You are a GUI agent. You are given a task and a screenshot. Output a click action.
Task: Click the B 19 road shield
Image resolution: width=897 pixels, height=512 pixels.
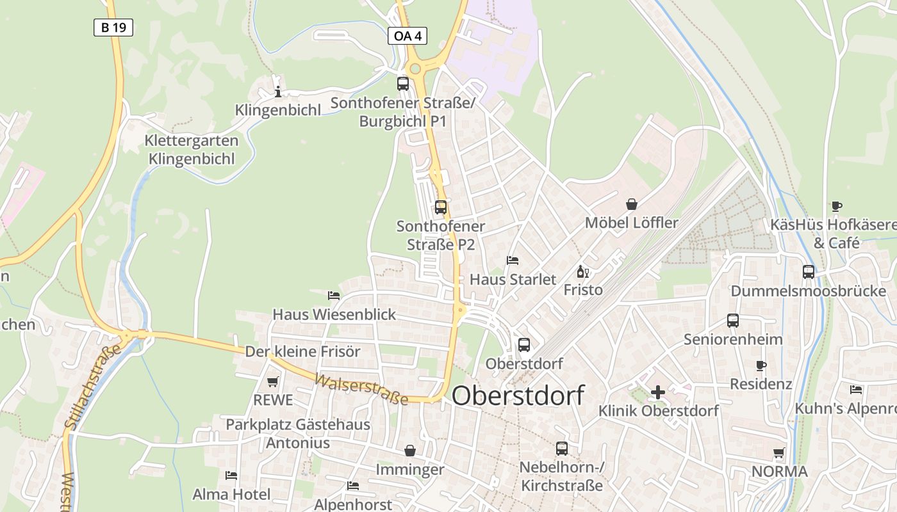[x=113, y=28]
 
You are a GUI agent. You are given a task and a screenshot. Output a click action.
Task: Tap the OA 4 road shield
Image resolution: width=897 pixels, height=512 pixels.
[x=407, y=36]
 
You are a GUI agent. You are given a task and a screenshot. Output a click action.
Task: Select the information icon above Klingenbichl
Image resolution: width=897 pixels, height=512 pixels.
[x=277, y=92]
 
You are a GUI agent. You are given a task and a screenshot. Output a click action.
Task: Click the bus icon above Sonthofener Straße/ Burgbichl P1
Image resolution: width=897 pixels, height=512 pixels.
[x=403, y=84]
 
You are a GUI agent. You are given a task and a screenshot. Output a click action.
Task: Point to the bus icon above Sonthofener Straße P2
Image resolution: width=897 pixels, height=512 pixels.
[x=441, y=207]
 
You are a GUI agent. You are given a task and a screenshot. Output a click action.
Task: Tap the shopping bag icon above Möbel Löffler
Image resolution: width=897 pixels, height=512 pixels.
[x=632, y=204]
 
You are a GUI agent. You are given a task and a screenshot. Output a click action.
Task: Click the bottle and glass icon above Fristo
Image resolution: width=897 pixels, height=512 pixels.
[x=582, y=272]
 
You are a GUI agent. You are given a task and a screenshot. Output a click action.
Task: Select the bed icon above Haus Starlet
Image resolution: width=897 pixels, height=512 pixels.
[x=513, y=260]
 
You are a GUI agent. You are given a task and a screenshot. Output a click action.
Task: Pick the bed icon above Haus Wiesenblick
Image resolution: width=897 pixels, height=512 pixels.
[x=334, y=296]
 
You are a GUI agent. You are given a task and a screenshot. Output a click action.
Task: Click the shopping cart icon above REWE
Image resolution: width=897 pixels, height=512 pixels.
[x=273, y=382]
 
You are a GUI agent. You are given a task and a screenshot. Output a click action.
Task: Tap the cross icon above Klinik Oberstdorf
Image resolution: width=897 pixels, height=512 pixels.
[x=658, y=392]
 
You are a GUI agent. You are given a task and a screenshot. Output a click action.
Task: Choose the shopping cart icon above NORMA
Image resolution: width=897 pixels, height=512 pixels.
[x=779, y=453]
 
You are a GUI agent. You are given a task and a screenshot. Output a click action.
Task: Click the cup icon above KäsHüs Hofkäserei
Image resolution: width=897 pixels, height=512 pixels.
[x=836, y=206]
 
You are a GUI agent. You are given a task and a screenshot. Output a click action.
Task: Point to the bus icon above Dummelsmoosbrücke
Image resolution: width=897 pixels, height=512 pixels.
[x=809, y=272]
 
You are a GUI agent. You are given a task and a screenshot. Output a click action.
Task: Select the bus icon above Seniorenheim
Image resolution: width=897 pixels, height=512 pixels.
[x=733, y=321]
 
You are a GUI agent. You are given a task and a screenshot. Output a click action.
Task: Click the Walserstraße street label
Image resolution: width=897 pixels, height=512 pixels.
[x=361, y=389]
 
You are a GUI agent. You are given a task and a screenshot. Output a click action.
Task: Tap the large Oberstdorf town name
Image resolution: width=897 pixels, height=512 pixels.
[x=518, y=396]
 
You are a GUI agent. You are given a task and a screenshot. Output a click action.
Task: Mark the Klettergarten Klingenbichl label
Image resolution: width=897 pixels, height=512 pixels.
[x=192, y=150]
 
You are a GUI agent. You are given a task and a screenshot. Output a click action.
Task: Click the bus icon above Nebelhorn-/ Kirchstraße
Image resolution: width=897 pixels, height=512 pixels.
[x=562, y=449]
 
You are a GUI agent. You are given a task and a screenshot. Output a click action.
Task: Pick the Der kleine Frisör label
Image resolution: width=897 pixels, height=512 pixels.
[x=302, y=351]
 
